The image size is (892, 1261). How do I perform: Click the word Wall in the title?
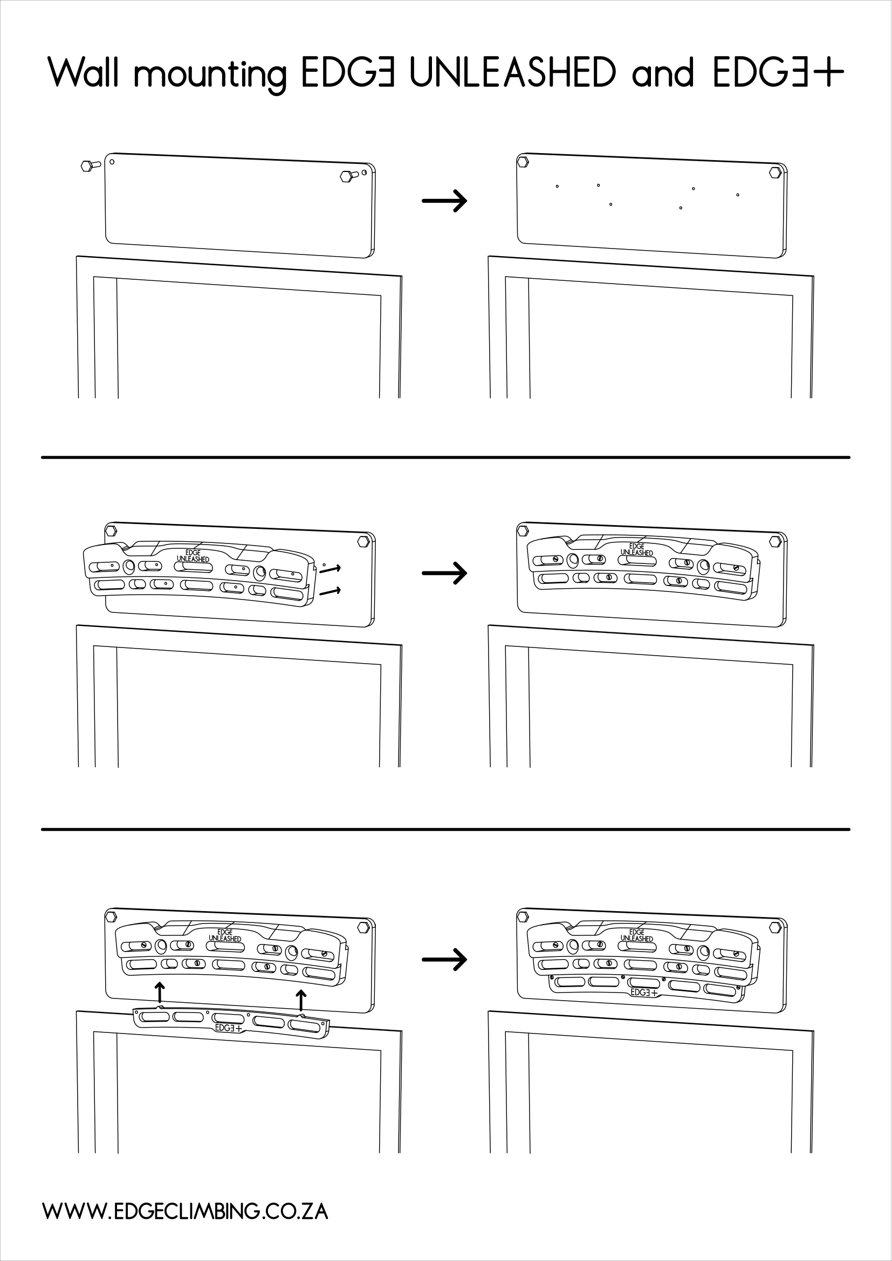click(84, 72)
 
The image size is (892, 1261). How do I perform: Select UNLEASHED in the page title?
click(513, 72)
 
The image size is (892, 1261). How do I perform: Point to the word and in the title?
click(663, 72)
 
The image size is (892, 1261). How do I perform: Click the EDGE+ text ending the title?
click(778, 72)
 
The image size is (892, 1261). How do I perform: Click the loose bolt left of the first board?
click(89, 166)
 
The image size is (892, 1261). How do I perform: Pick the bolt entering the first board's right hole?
click(349, 176)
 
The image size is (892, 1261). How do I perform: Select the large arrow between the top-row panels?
click(444, 201)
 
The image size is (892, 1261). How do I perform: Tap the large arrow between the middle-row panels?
click(444, 574)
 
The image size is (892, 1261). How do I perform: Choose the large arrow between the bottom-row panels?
click(444, 960)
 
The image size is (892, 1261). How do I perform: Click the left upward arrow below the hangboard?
click(159, 993)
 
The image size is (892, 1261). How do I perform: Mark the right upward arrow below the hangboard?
click(300, 1000)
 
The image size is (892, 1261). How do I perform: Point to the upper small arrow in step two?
click(330, 568)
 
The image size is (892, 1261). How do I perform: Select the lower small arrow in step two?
click(330, 591)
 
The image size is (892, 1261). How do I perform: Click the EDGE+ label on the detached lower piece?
click(229, 1028)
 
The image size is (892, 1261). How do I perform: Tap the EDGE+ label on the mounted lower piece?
click(644, 993)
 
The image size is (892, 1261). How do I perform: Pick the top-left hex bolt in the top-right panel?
click(523, 162)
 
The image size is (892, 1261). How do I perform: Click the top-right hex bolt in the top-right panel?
click(775, 172)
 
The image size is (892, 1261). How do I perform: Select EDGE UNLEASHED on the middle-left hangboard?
click(193, 556)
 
